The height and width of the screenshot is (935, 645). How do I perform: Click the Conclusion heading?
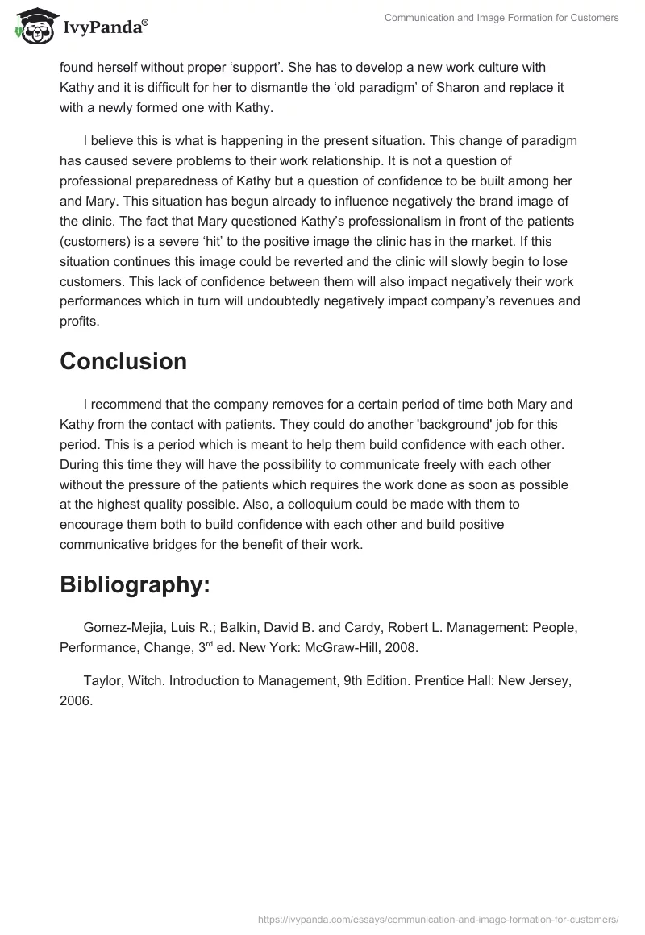(x=123, y=361)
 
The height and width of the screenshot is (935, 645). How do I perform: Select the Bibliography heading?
(x=135, y=585)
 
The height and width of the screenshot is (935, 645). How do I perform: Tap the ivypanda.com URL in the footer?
(x=439, y=918)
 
